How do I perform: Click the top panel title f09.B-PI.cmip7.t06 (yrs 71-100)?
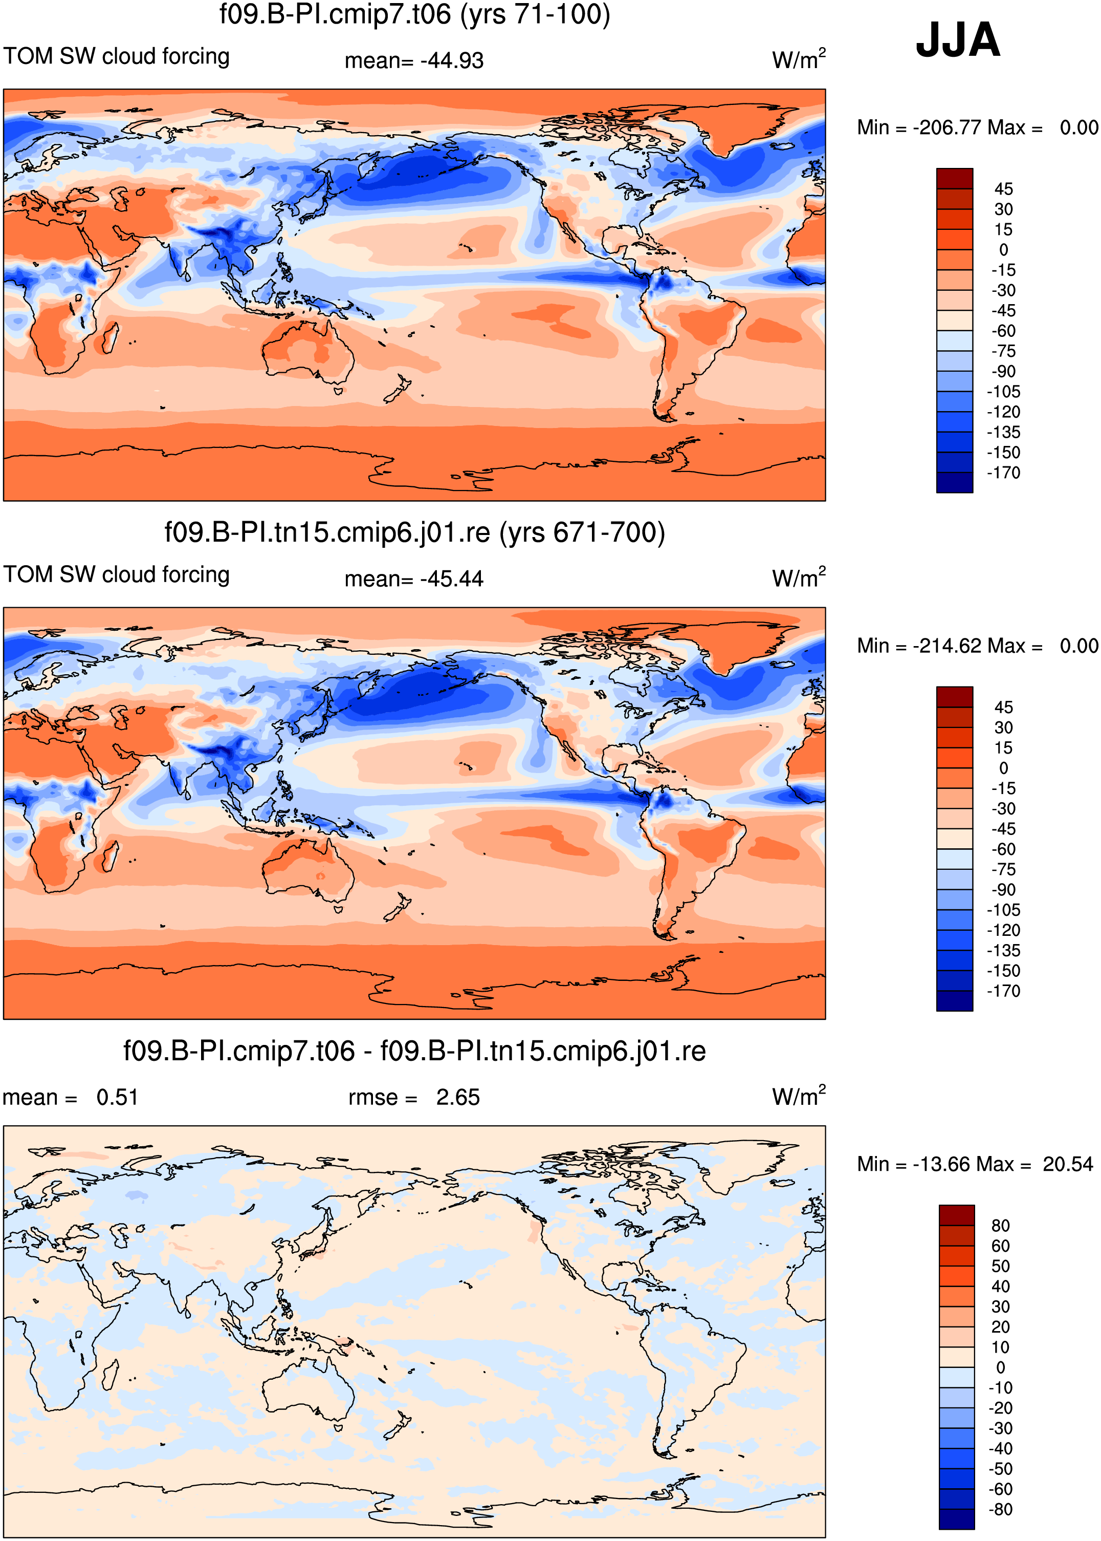[x=415, y=14]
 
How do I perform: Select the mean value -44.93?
[x=452, y=60]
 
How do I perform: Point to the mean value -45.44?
[x=452, y=579]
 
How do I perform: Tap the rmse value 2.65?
[x=457, y=1097]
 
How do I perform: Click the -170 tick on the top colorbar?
[x=1003, y=473]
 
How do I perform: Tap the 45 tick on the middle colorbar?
[x=1003, y=708]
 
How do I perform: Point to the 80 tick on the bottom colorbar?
[x=1001, y=1226]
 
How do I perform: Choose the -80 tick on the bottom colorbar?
[x=1001, y=1509]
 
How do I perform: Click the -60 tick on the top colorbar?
[x=1003, y=331]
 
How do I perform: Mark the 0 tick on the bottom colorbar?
[x=1001, y=1367]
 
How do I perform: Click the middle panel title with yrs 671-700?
[x=415, y=532]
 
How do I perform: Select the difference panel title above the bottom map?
[x=414, y=1051]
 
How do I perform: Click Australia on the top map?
[x=309, y=349]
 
